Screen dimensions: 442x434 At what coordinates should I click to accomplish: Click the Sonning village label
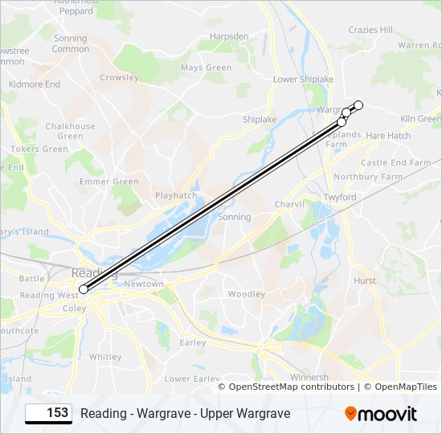235,217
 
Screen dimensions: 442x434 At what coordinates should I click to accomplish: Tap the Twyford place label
340,197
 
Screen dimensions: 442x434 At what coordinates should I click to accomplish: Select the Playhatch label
175,195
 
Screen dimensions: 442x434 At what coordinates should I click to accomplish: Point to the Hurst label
364,280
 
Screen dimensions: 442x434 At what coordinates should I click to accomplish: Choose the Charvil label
289,205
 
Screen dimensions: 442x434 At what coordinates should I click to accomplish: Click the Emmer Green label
108,182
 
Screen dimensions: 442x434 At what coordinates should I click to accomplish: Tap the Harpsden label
229,37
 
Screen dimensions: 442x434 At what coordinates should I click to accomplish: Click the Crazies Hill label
370,30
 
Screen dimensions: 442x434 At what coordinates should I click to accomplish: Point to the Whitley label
105,357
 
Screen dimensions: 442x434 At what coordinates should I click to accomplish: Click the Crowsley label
119,78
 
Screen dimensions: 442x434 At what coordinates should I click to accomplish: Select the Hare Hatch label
388,137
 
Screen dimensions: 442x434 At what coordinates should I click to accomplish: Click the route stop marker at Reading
84,289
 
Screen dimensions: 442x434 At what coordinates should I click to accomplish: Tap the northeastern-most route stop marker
358,105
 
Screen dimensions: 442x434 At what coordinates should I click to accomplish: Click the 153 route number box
48,413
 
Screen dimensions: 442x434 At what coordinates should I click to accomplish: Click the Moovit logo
381,414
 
